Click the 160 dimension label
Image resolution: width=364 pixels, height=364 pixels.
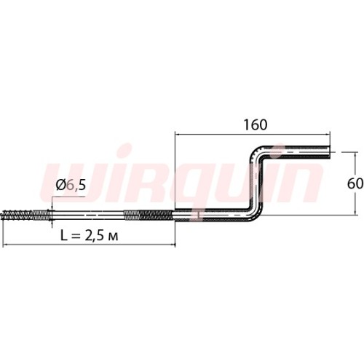256,124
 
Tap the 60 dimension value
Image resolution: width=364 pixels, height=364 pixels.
355,183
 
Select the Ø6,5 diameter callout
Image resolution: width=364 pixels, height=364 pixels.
71,185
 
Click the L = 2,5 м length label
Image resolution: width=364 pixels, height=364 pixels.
90,235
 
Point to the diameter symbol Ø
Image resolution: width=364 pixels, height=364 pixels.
60,185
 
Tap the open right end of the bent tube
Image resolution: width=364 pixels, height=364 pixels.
329,152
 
